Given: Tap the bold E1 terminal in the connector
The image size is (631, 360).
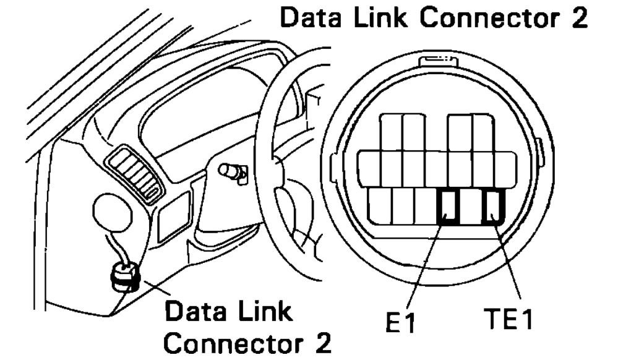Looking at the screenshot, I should pos(447,207).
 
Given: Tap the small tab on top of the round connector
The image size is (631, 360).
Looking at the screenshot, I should pos(437,59).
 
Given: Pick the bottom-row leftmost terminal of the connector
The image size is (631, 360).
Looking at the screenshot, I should pos(379,207).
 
